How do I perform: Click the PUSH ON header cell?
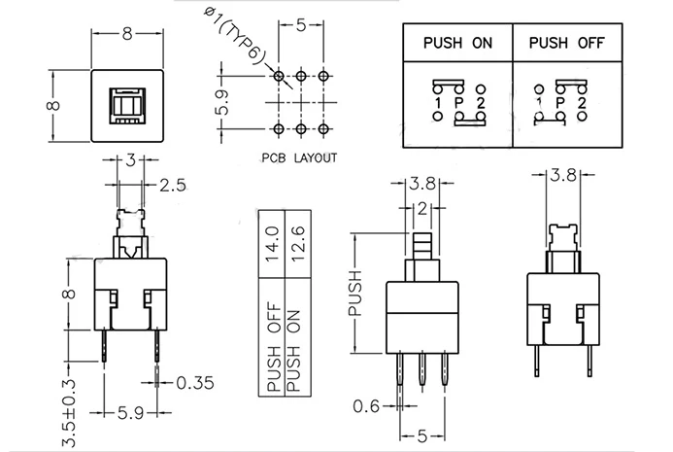457,43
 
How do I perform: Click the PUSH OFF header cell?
567,43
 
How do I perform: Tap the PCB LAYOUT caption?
299,158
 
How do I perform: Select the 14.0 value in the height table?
273,244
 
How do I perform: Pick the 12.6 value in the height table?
297,244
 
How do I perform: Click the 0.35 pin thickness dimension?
195,382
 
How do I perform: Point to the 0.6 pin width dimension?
366,405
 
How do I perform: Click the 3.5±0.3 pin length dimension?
69,413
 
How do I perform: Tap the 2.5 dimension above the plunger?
173,186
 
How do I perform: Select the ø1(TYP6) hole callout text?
235,37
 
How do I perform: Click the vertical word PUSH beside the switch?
355,294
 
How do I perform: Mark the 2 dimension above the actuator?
422,209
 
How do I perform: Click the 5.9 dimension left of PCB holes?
222,103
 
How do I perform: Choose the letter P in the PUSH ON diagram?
458,103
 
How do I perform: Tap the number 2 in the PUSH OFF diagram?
582,103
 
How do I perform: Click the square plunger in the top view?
127,106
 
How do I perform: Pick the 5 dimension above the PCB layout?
301,25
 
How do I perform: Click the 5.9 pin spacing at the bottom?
130,413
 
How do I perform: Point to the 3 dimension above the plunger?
130,160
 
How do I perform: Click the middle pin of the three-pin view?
422,368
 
